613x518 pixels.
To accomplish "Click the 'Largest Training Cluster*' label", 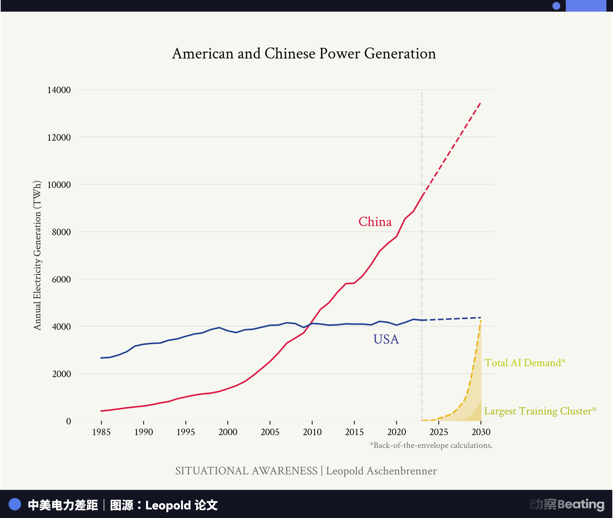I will (x=540, y=411).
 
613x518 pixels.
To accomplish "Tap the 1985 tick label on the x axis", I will (x=101, y=432).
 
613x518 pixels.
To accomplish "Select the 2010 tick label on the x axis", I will (x=312, y=432).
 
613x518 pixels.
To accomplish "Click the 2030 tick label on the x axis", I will (x=481, y=432).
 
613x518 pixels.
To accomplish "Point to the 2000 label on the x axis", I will (x=228, y=432).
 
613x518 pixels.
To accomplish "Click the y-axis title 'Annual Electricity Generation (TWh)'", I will (x=37, y=256).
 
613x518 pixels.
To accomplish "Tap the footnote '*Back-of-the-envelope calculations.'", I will (x=431, y=445).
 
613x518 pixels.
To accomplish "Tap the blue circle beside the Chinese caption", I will (x=15, y=504).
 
